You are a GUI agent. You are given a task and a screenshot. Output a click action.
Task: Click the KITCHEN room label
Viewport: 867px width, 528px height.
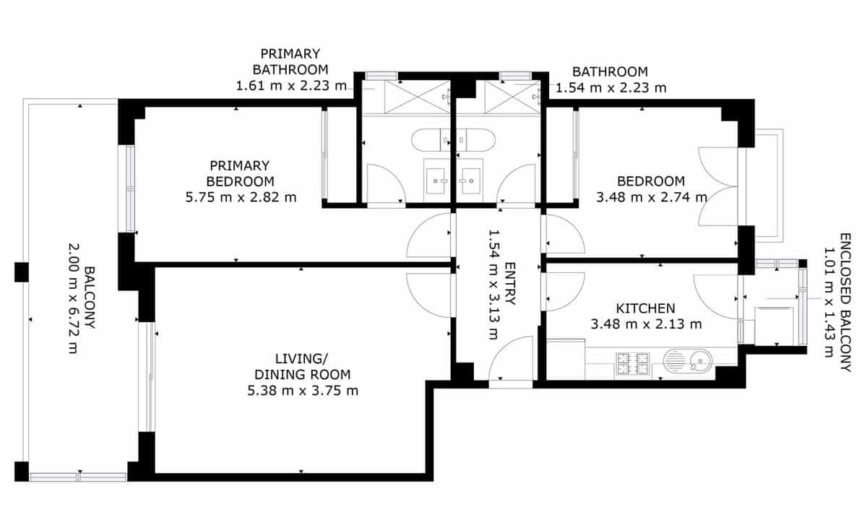[x=645, y=308]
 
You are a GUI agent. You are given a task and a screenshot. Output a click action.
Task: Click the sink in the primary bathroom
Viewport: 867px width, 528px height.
[x=436, y=178]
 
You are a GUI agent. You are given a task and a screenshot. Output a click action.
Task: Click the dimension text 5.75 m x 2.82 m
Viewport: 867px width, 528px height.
[x=241, y=196]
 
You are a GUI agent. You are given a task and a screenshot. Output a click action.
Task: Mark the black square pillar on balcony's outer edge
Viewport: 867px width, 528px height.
[x=21, y=272]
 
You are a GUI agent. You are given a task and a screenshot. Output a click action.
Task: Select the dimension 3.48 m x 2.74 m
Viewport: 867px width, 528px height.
[x=650, y=196]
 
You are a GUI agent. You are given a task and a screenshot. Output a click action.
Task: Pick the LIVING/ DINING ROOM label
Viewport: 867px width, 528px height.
[x=302, y=366]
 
